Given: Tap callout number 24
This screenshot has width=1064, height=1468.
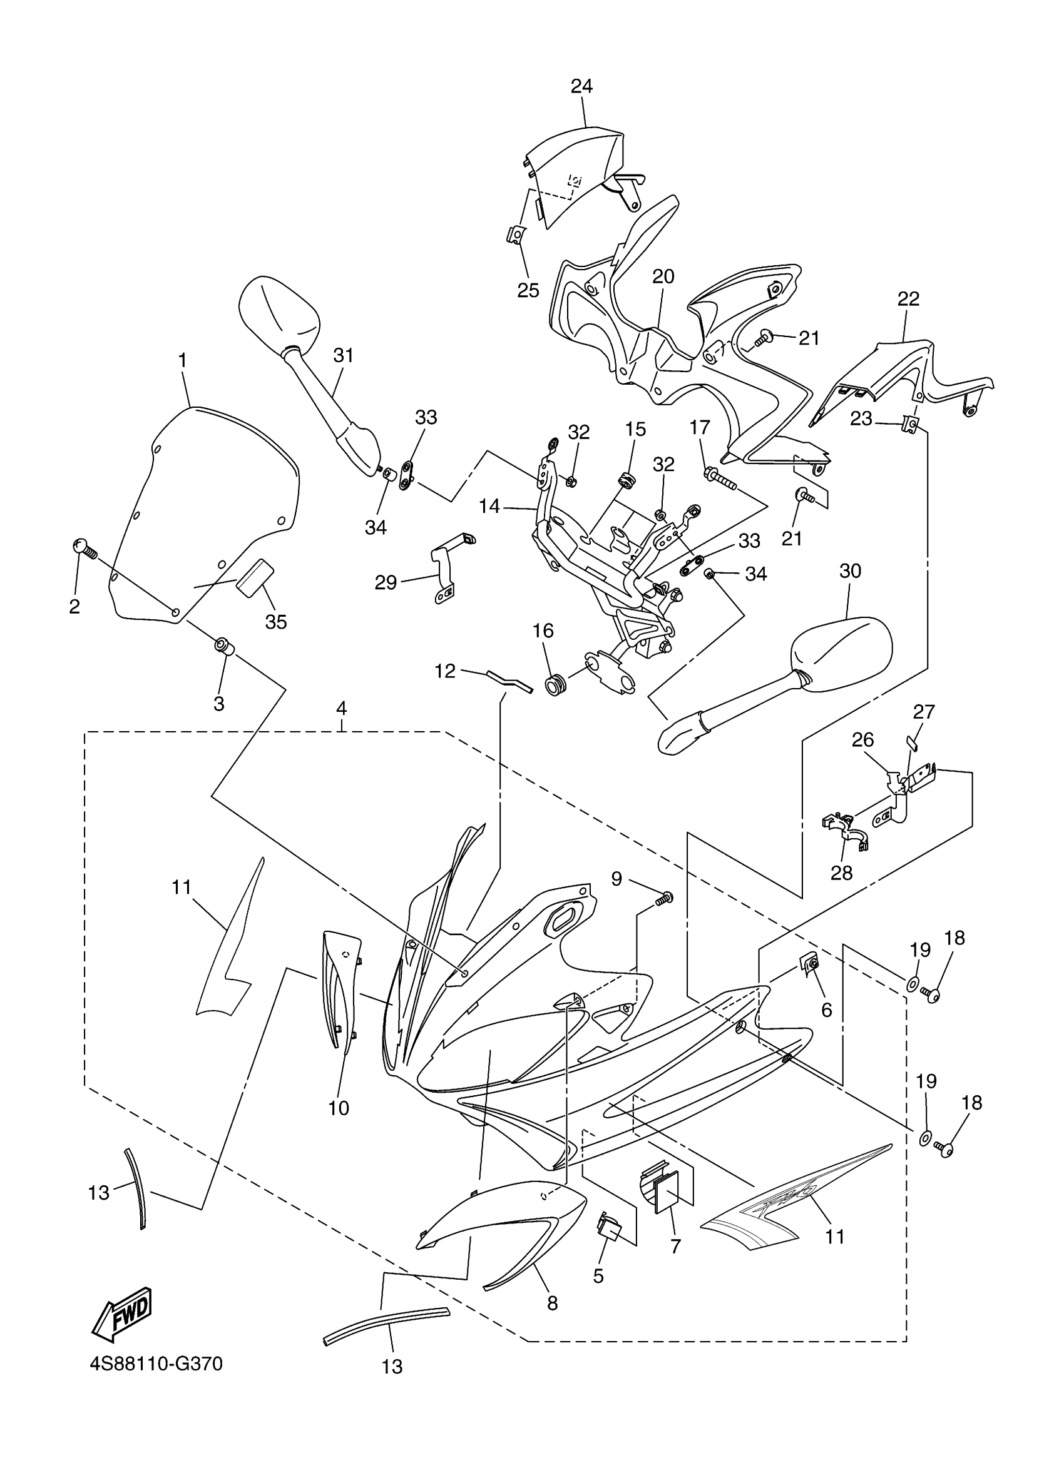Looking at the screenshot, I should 581,86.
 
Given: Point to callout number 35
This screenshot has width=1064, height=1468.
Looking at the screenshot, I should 276,621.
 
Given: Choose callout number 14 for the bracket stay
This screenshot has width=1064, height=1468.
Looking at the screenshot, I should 490,505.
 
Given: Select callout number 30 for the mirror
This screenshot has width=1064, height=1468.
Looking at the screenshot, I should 851,571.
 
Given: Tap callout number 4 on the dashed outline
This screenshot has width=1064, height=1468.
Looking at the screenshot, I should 341,708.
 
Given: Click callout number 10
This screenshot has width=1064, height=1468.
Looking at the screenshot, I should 339,1108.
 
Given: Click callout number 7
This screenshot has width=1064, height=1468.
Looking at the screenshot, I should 675,1246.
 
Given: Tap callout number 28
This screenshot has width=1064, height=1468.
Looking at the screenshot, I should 842,873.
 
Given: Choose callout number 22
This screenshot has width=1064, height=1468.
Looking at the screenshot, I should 909,299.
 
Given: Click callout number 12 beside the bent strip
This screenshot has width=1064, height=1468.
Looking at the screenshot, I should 445,671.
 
